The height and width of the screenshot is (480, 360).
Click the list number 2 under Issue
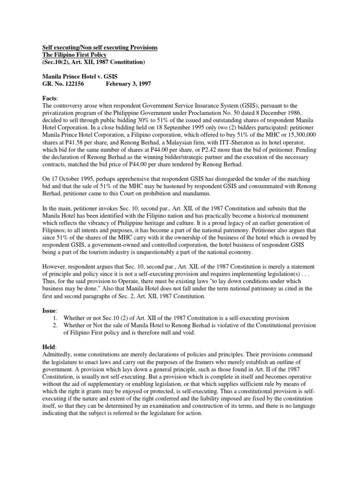coord(55,324)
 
